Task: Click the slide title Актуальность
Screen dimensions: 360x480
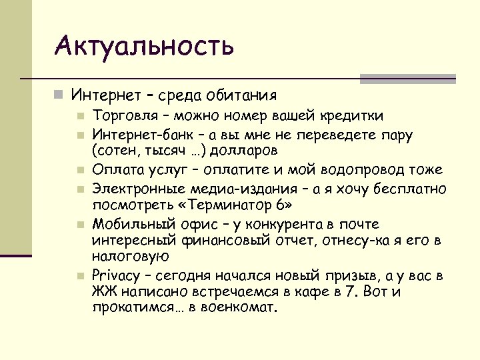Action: (145, 47)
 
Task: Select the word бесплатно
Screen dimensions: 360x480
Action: (414, 188)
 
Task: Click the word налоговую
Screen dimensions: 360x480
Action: (131, 255)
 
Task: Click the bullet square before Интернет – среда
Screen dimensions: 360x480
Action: (59, 96)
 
